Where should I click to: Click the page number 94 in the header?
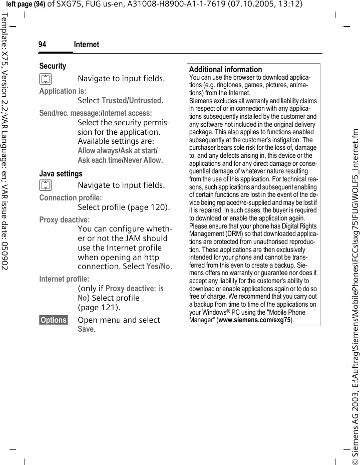tap(43, 45)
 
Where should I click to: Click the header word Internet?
tap(86, 45)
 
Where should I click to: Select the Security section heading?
tap(53, 66)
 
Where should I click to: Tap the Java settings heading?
tap(61, 174)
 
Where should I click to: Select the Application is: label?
tap(63, 91)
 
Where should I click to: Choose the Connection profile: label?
tap(70, 198)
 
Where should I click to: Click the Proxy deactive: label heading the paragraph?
tap(65, 220)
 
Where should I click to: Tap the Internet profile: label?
tap(64, 279)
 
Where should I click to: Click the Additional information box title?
tap(225, 70)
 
